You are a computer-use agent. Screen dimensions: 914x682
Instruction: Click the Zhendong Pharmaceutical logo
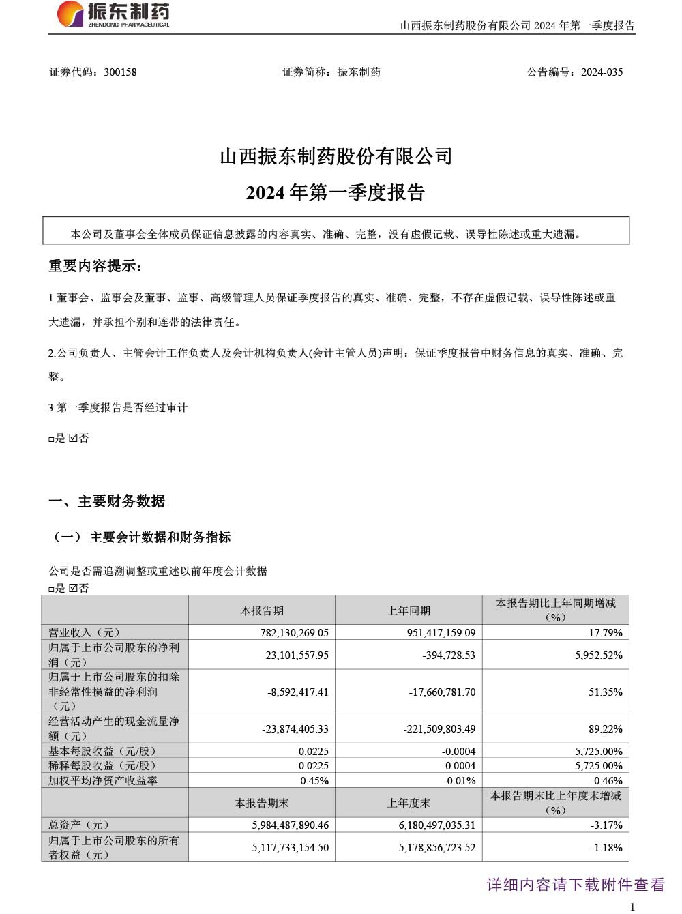pos(113,14)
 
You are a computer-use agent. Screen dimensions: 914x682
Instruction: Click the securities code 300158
pos(120,72)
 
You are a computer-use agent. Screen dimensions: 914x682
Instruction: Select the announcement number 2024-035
pos(602,72)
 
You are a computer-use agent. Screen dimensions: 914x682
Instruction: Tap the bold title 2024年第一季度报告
pos(336,193)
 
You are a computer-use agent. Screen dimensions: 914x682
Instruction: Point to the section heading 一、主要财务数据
pos(107,501)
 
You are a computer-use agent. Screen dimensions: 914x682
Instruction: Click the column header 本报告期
pos(262,610)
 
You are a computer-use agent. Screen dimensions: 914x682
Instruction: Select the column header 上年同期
pos(409,610)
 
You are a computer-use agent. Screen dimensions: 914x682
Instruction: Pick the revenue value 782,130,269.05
pos(295,633)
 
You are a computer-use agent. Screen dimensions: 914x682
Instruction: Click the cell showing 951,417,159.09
pos(441,633)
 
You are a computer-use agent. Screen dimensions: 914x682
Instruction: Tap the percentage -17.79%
pos(604,633)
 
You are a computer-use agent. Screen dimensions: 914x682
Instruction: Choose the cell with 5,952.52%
pos(599,655)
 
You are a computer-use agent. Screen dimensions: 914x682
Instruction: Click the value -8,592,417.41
pos(298,692)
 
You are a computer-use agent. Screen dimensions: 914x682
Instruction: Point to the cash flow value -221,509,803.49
pos(440,728)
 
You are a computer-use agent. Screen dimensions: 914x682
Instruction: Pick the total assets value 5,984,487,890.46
pos(291,825)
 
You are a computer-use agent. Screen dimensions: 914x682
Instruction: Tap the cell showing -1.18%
pos(606,847)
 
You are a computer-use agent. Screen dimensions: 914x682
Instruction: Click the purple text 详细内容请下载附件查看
pos(576,885)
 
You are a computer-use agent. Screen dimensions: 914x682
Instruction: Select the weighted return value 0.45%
pos(314,780)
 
